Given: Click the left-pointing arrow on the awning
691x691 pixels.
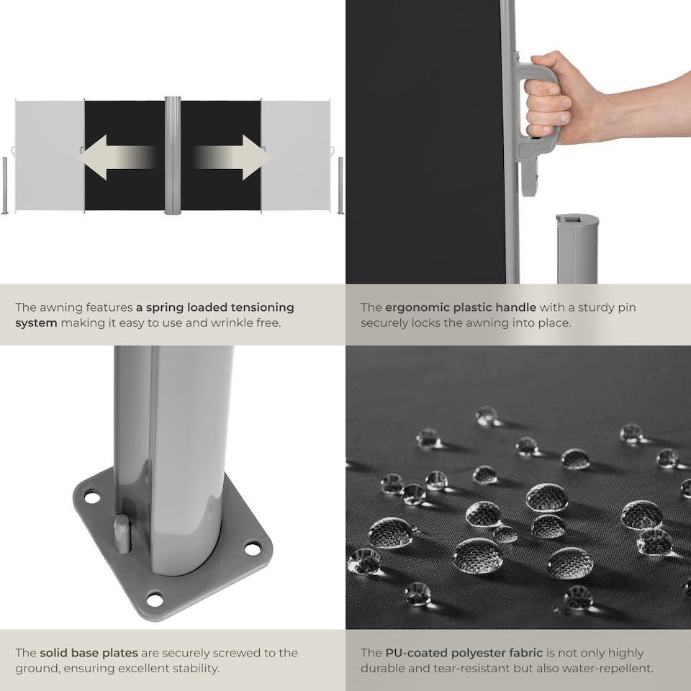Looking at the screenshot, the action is pyautogui.click(x=117, y=158).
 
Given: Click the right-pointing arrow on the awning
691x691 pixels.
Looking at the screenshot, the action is pyautogui.click(x=231, y=158).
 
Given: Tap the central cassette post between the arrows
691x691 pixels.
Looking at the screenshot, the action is pyautogui.click(x=172, y=155).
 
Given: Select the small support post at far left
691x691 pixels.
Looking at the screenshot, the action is pyautogui.click(x=5, y=186).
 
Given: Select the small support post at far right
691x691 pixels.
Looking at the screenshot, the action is pyautogui.click(x=340, y=186).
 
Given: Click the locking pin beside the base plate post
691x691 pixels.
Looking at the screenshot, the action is pyautogui.click(x=122, y=533).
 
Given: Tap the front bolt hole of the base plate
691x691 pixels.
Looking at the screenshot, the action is pyautogui.click(x=155, y=600).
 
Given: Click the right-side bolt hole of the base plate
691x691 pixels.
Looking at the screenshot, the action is pyautogui.click(x=253, y=548).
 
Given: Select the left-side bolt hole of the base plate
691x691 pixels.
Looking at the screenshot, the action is pyautogui.click(x=92, y=497).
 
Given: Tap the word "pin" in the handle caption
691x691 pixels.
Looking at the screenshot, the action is pyautogui.click(x=628, y=308).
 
